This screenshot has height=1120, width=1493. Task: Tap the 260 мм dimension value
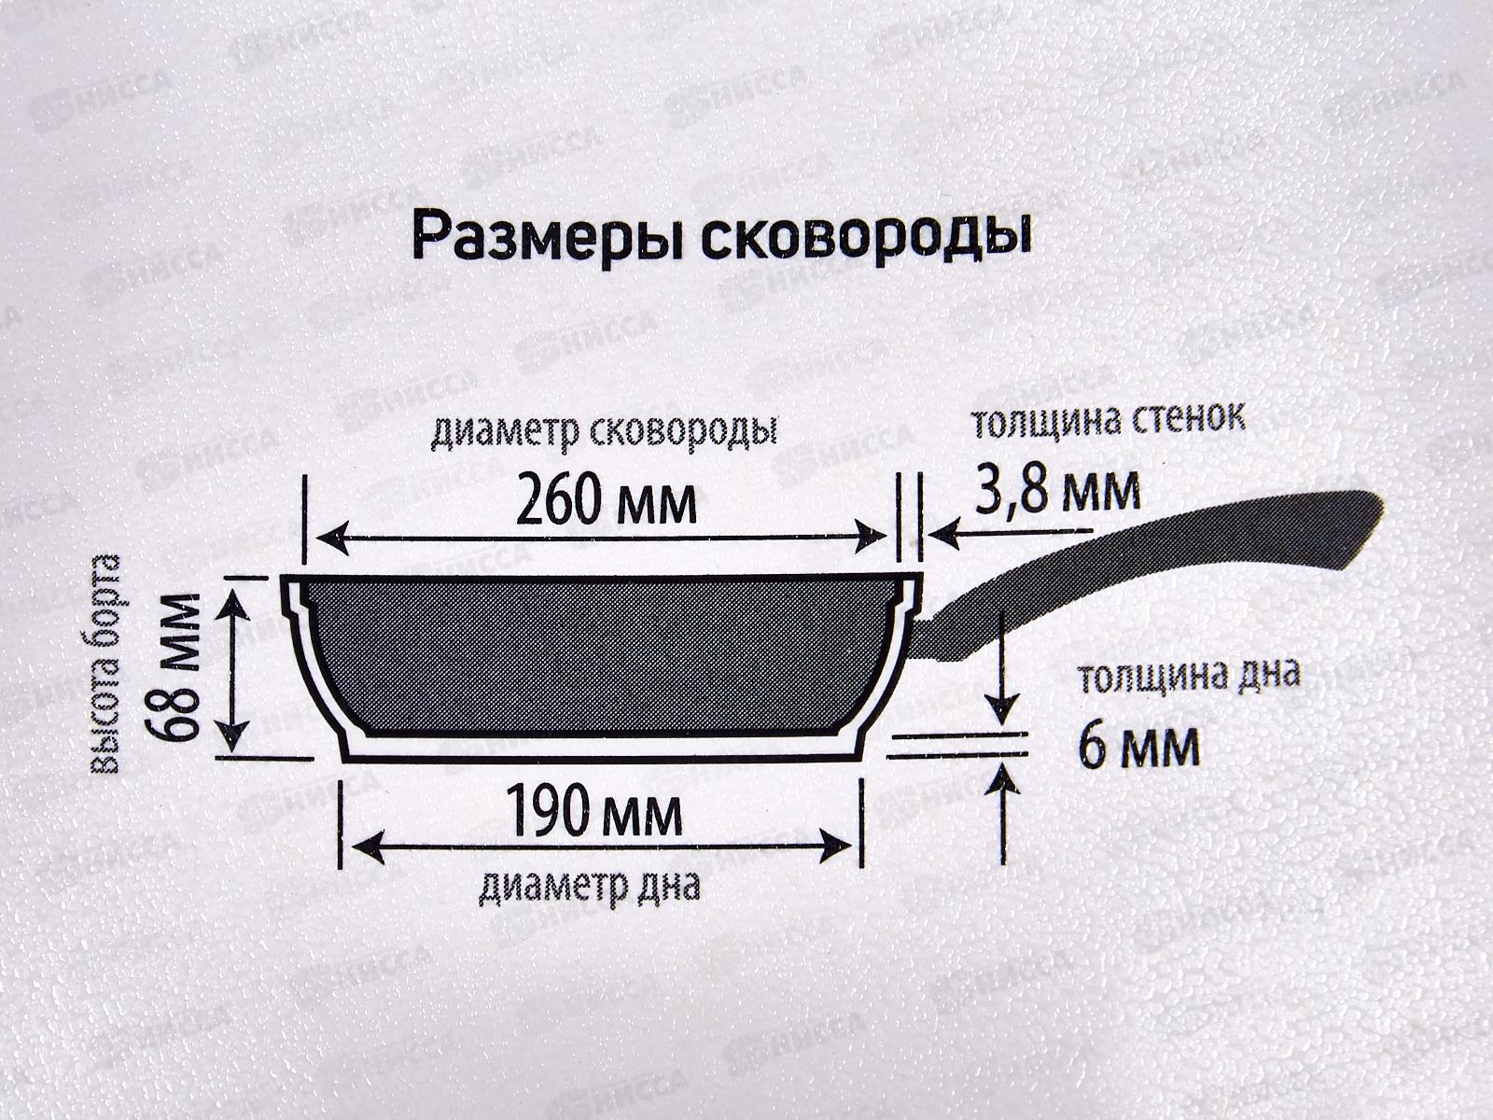tap(607, 502)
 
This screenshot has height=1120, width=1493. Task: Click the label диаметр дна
tap(589, 886)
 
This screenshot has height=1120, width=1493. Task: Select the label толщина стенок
tap(1109, 421)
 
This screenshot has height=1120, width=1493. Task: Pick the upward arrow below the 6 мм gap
tap(1005, 812)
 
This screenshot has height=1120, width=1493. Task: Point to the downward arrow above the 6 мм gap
tap(1003, 667)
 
